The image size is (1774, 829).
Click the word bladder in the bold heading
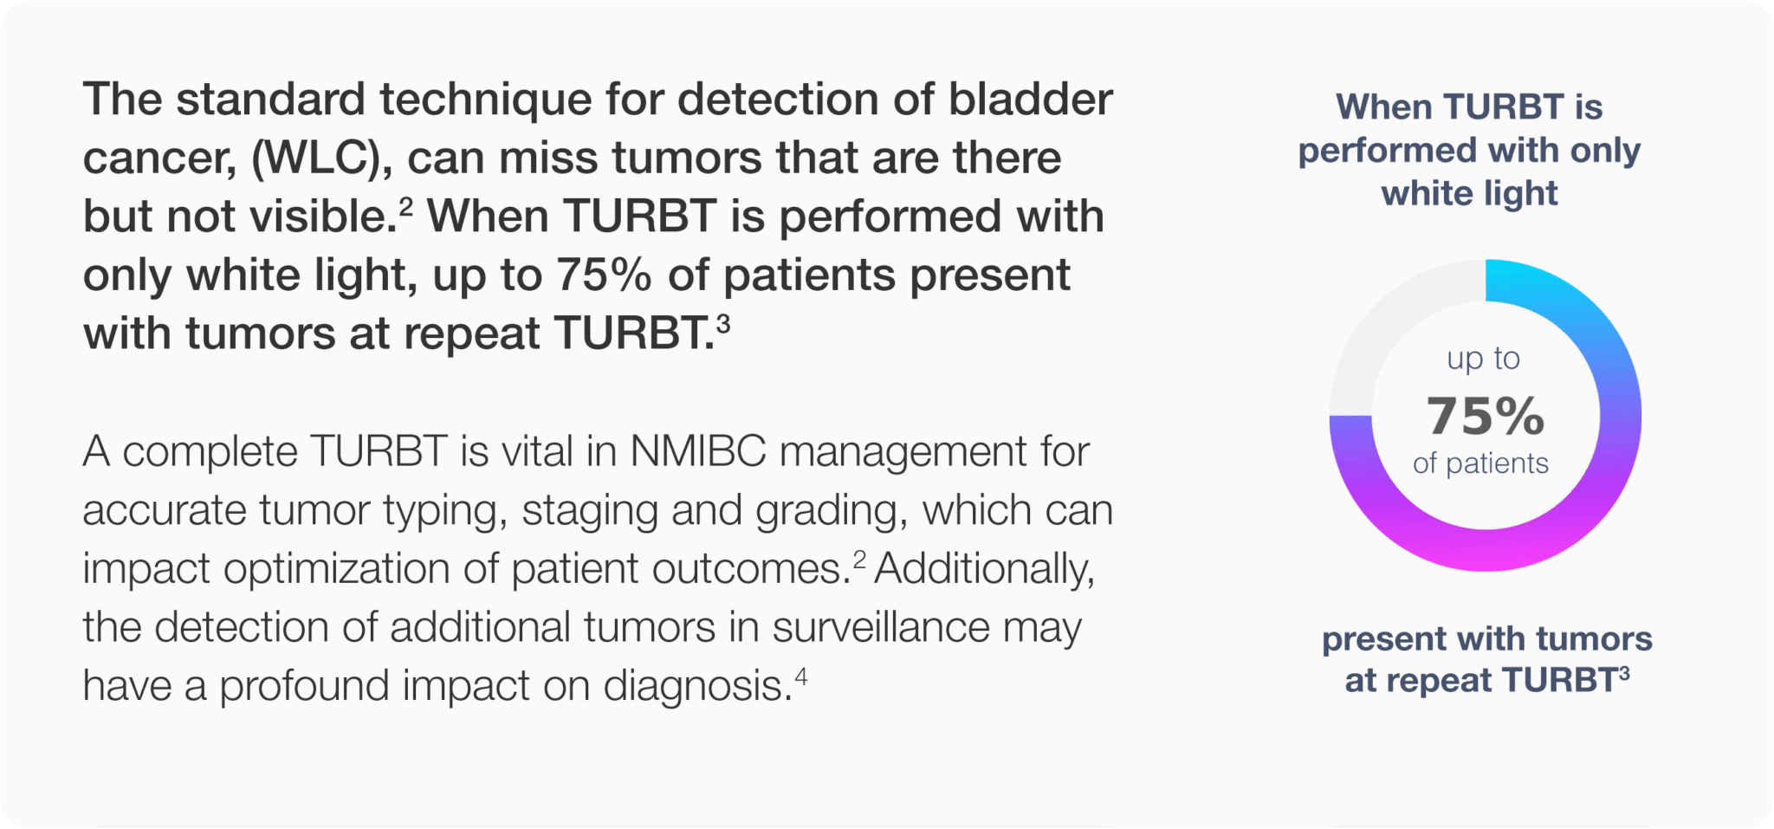(1030, 99)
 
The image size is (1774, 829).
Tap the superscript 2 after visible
(405, 208)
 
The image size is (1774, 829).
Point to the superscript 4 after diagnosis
(801, 676)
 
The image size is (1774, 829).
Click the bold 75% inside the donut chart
(1486, 415)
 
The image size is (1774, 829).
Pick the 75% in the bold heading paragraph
(603, 275)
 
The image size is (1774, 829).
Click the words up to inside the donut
(1484, 359)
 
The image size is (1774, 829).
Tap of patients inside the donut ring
(1480, 463)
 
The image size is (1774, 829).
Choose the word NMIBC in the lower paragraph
(698, 451)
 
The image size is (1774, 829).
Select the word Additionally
(985, 569)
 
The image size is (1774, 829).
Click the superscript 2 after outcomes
(859, 560)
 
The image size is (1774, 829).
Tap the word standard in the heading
(270, 99)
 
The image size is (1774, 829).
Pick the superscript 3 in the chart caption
(1624, 673)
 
